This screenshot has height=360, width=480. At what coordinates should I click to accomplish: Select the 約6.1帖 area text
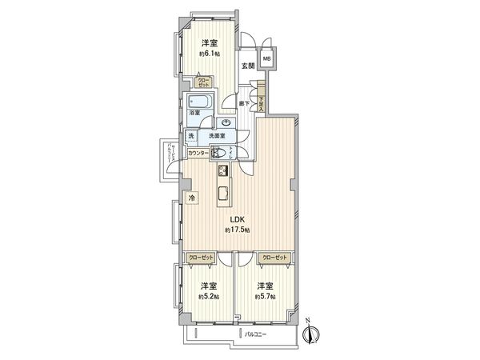click(210, 54)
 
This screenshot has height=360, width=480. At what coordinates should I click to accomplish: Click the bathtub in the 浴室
click(197, 102)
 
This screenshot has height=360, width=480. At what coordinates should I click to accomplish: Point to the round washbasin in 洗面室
click(226, 122)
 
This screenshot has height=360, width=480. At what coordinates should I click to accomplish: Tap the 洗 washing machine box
click(191, 136)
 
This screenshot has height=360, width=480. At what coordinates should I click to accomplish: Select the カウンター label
click(198, 153)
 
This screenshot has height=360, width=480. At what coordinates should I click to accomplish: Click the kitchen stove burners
click(222, 171)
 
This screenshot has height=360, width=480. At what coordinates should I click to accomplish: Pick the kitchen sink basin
click(223, 193)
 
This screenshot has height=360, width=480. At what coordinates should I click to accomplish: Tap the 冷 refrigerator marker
click(191, 198)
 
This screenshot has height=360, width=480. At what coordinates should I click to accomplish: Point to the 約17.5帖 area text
click(238, 230)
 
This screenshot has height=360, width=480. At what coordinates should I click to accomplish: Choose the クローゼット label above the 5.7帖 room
click(274, 258)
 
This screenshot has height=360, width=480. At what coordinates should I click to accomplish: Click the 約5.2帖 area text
click(210, 296)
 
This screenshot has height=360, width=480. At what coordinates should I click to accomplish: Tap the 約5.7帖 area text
click(266, 296)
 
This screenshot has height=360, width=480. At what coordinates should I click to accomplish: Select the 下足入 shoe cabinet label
click(261, 101)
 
